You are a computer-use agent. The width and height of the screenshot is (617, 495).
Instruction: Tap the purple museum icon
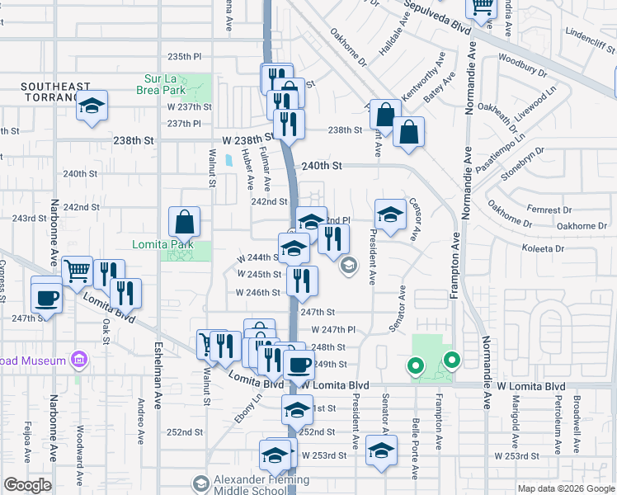79,361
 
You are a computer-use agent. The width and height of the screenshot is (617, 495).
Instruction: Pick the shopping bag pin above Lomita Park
185,222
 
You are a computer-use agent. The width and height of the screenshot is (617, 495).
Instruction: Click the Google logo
27,485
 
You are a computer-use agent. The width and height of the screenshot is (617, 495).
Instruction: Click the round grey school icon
349,265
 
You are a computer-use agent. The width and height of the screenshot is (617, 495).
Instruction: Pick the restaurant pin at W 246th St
303,280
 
